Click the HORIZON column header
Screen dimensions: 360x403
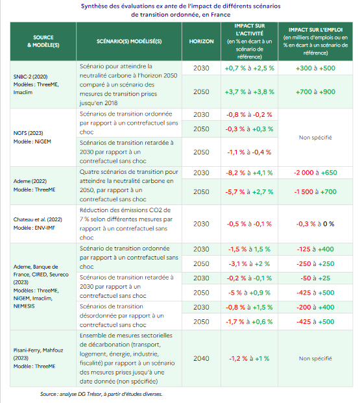201,42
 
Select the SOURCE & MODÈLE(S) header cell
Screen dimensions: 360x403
43,42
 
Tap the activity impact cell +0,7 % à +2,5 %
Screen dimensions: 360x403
249,68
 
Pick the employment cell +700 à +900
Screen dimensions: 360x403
315,92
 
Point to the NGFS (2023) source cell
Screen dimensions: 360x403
32,137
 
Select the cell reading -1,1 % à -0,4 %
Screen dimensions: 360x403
249,152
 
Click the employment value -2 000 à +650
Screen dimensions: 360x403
315,173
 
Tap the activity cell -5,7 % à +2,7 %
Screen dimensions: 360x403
249,191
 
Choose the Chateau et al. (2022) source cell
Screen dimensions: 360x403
38,224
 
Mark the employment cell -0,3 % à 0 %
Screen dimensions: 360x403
315,224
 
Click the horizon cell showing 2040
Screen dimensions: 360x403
201,358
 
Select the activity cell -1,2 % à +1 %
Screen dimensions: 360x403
249,358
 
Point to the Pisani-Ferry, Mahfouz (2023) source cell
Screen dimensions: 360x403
38,358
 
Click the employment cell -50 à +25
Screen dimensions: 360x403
315,278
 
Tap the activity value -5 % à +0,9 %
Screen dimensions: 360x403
249,293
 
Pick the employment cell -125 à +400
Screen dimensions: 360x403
315,249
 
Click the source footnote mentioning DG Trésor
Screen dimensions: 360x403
101,394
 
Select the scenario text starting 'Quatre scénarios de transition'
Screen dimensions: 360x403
128,186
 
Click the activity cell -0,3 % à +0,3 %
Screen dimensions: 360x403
249,129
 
